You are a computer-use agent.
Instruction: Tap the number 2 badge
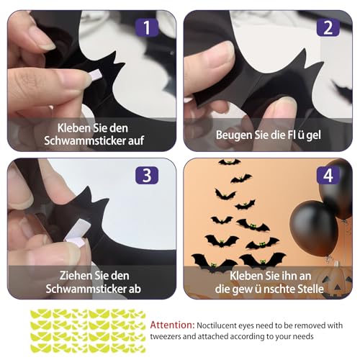(328, 28)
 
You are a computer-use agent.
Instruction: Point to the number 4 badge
(328, 176)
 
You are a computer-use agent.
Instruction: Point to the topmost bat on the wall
(229, 163)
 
